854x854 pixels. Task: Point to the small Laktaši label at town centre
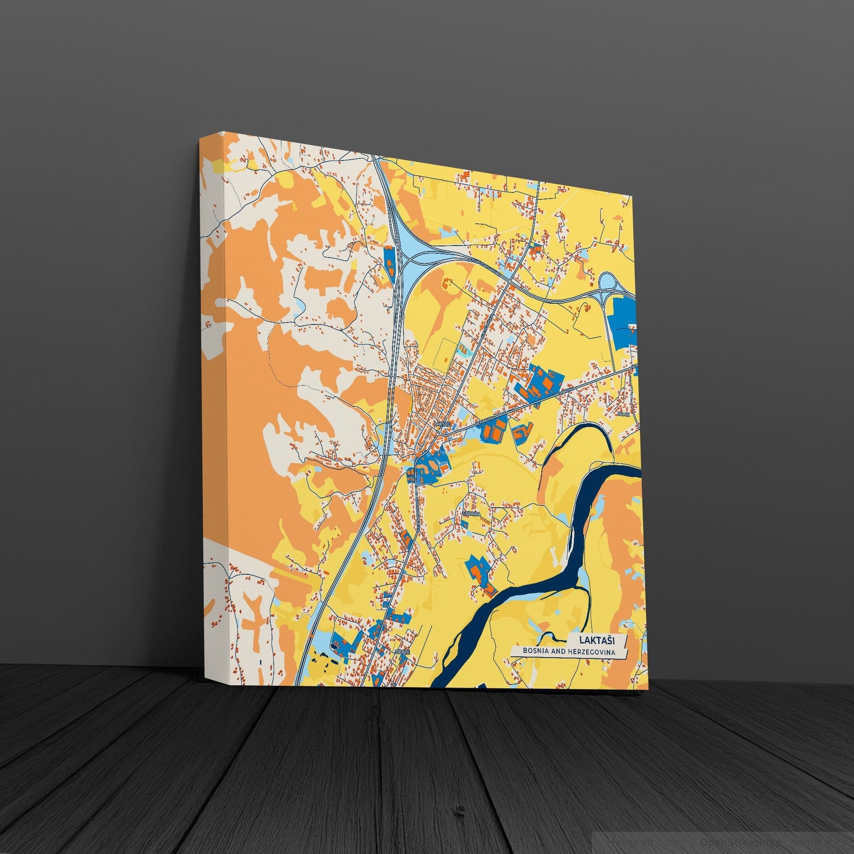point(442,424)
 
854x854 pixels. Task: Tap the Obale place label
point(403,652)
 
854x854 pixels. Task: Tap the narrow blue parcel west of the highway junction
point(388,264)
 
